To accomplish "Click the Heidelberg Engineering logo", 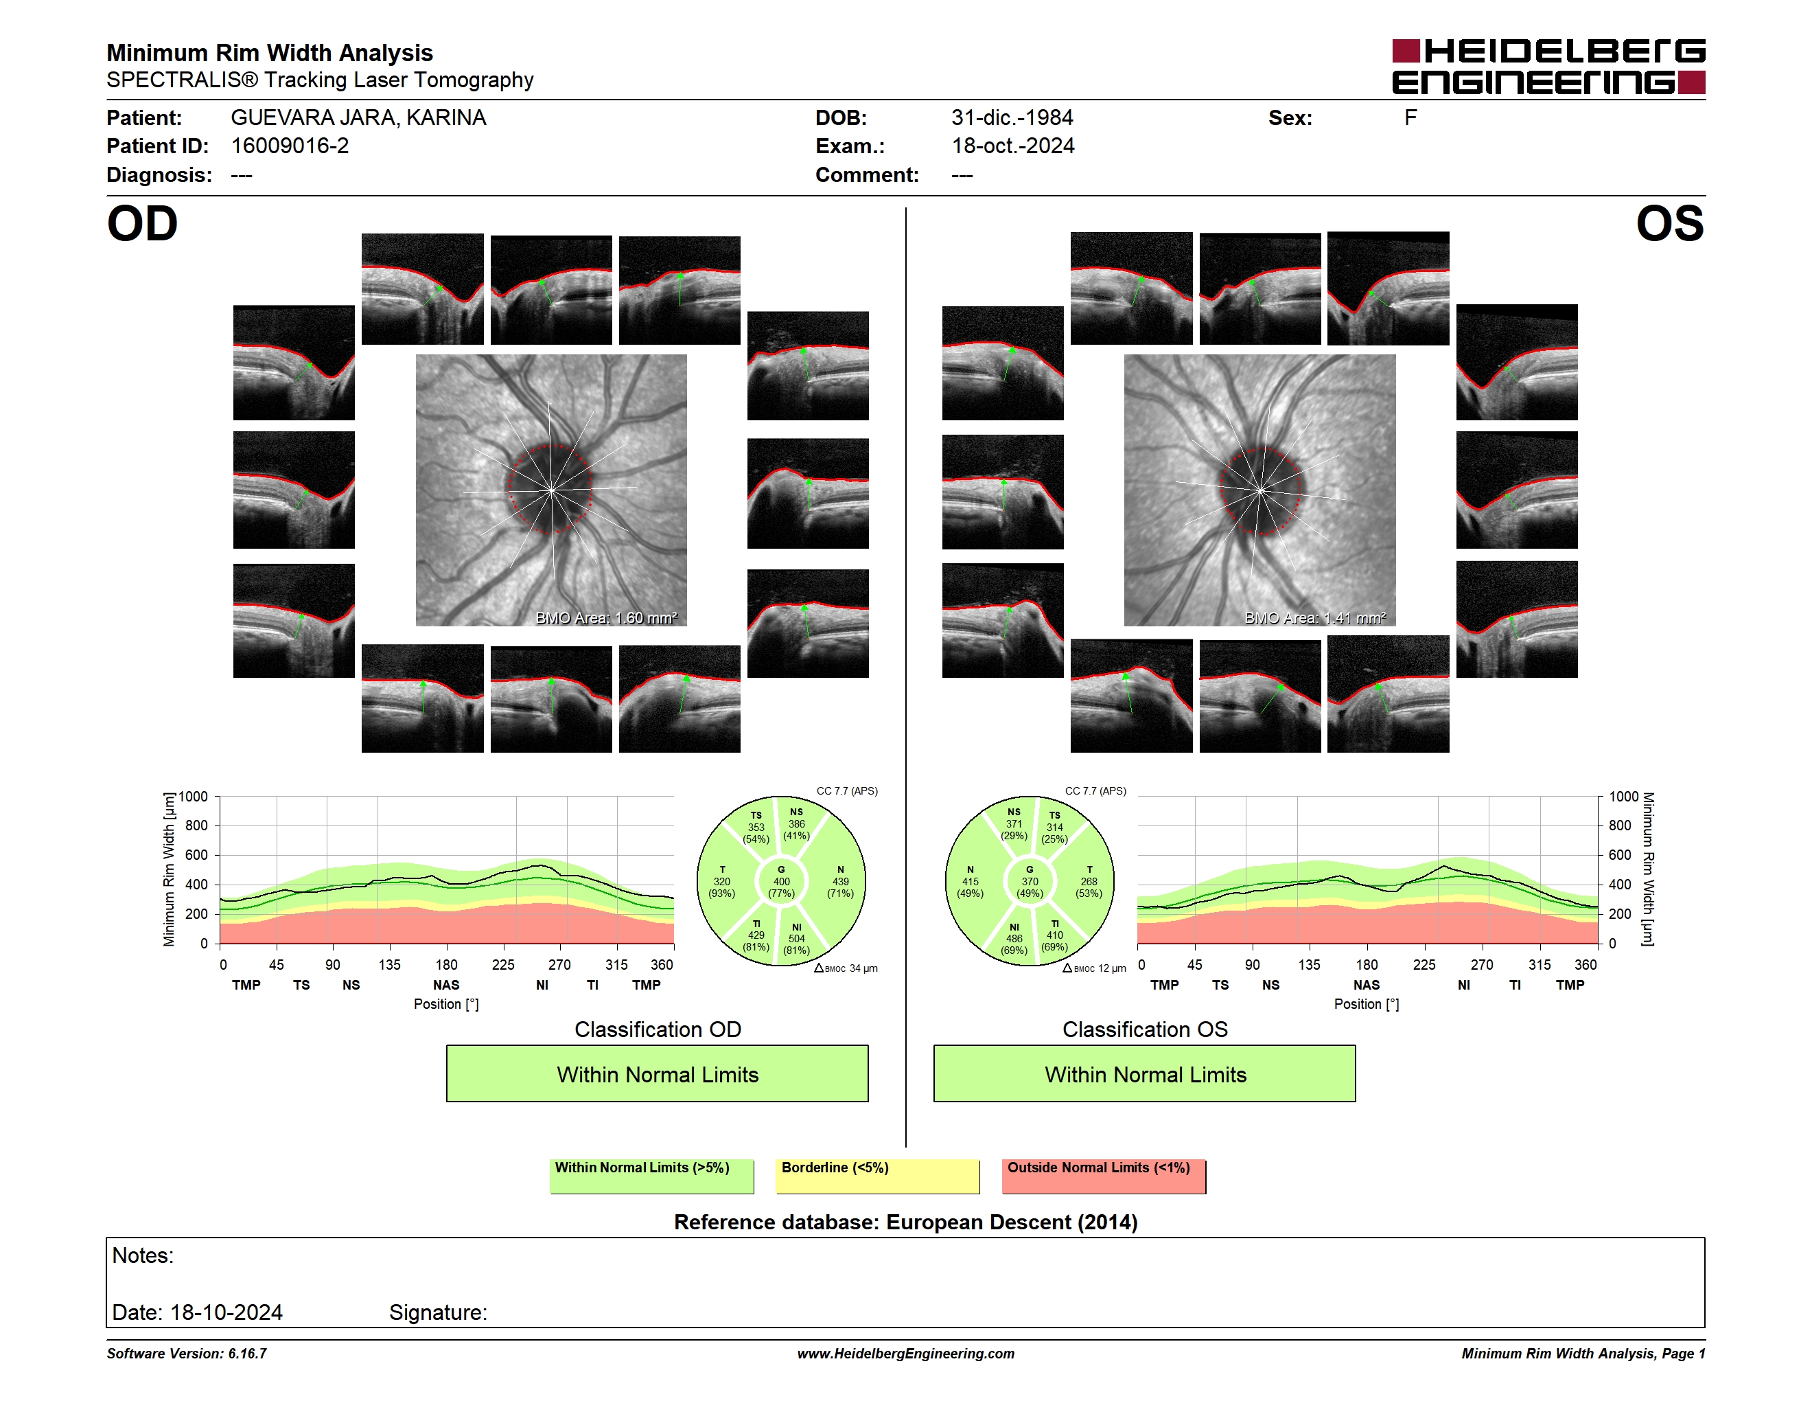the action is point(1548,67).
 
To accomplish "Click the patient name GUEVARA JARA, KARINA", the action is point(358,118).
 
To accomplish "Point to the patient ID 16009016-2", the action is point(290,146).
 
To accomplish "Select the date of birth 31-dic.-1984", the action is point(1012,118).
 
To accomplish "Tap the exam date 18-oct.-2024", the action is point(1013,146).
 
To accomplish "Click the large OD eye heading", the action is point(142,224).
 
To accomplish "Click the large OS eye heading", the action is point(1669,224).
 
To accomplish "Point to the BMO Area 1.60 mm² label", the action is point(607,617).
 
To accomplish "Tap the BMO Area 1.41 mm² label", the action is point(1315,617).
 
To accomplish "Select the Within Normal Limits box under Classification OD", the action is point(657,1073).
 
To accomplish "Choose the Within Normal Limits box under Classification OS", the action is point(1145,1073).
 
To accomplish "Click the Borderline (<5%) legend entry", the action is point(878,1176).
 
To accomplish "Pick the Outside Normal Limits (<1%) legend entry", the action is point(1104,1176).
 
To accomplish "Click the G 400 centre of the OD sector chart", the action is point(780,881).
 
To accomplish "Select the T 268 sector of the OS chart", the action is point(1089,881).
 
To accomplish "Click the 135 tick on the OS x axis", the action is point(1309,964).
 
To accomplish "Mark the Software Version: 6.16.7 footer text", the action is point(187,1354).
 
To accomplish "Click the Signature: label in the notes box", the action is point(438,1312).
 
